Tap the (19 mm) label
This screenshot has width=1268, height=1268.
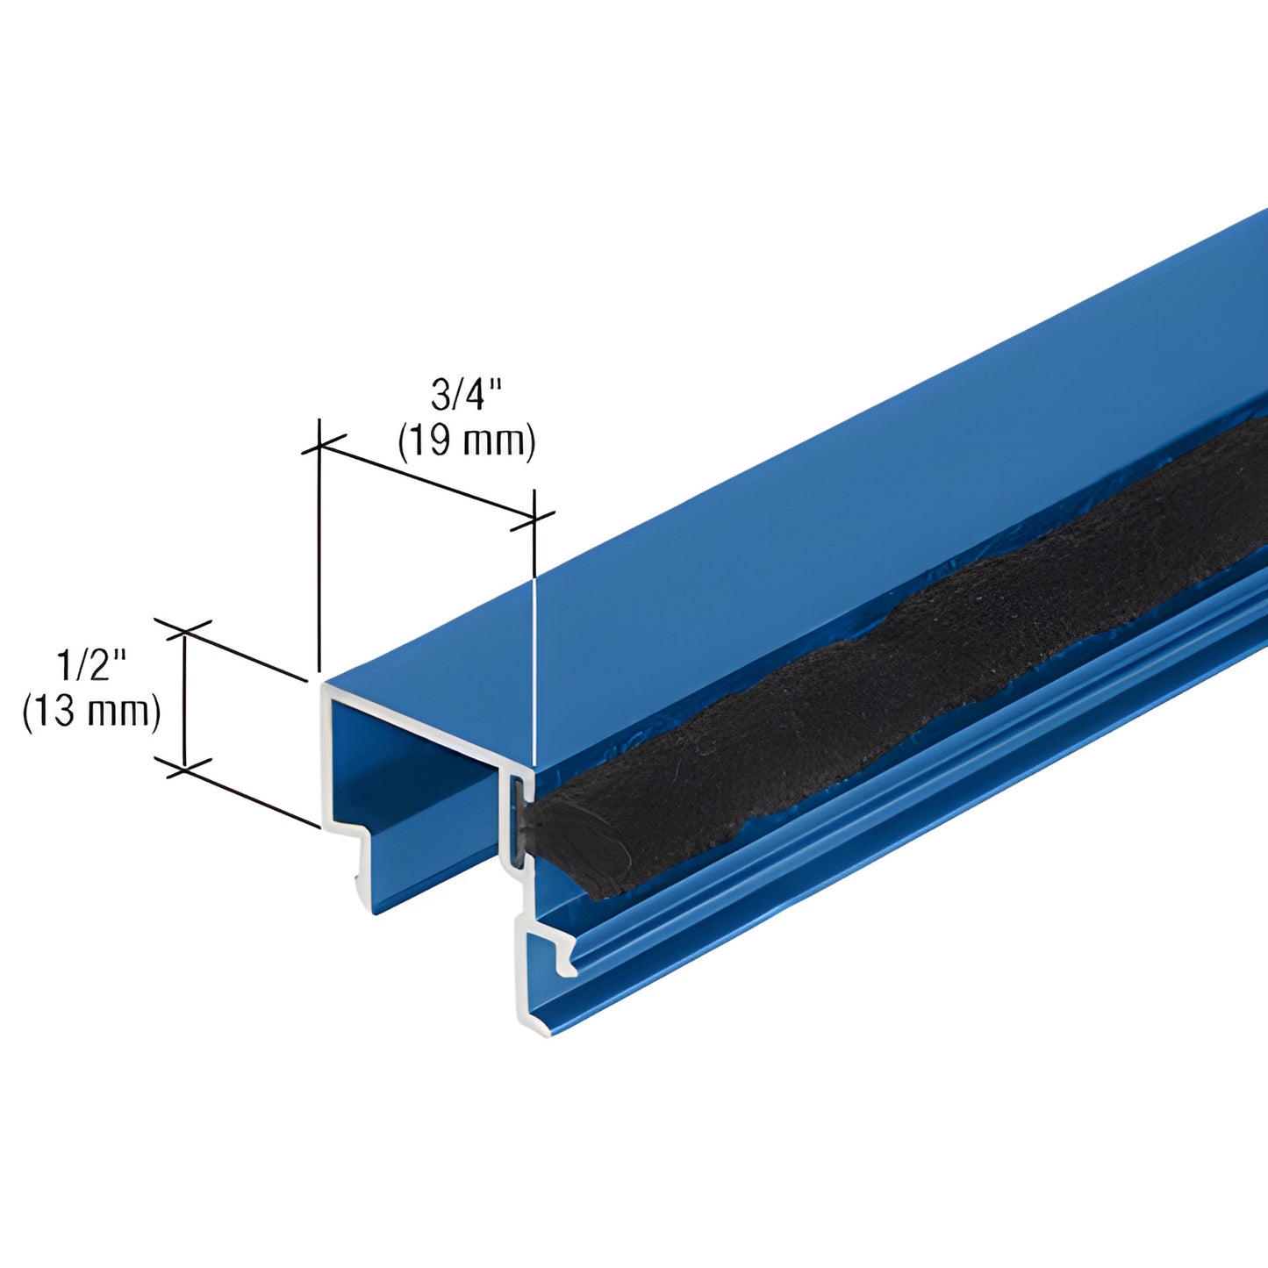tap(466, 441)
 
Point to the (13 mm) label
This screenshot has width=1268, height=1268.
tap(91, 711)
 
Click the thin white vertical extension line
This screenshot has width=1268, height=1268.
tap(534, 667)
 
